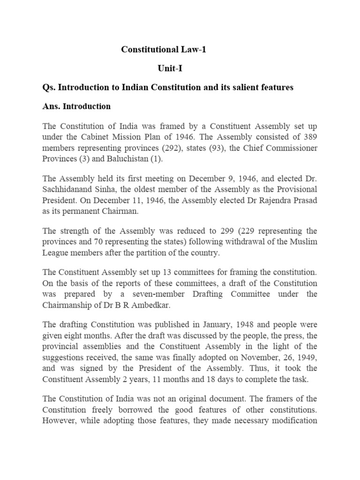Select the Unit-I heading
[170, 68]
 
